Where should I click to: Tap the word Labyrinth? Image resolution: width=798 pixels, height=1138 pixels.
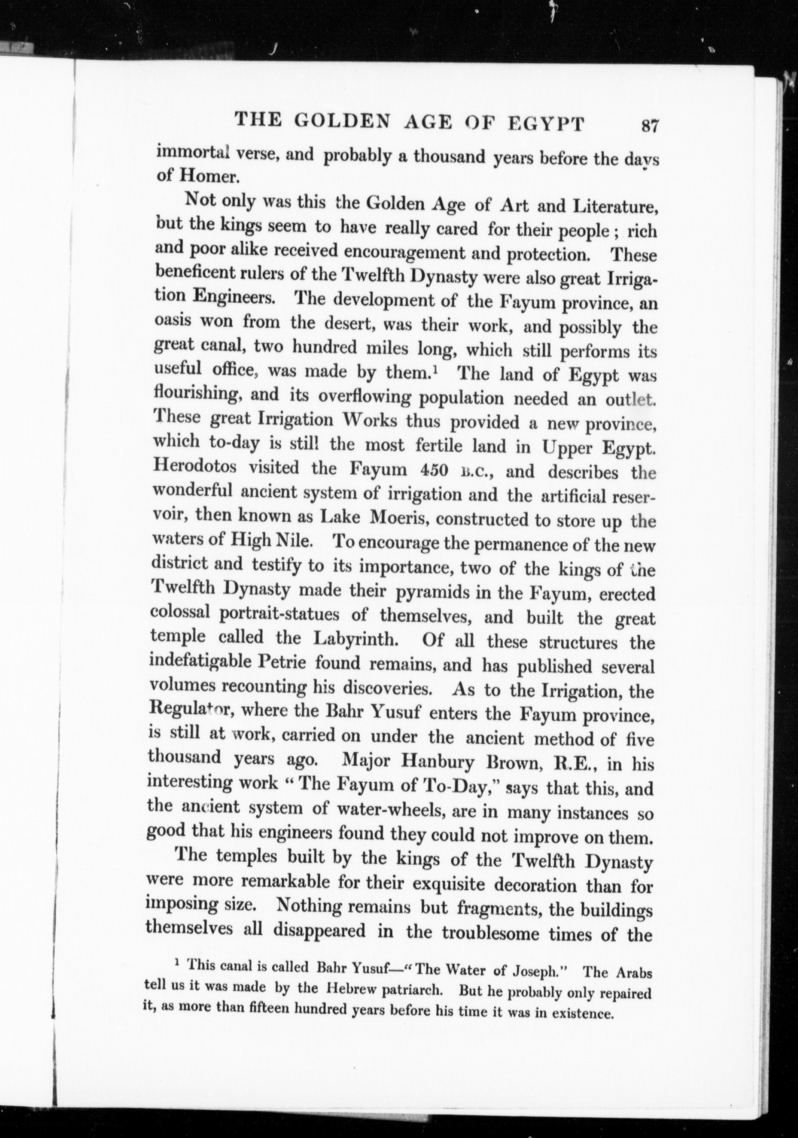(x=356, y=638)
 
